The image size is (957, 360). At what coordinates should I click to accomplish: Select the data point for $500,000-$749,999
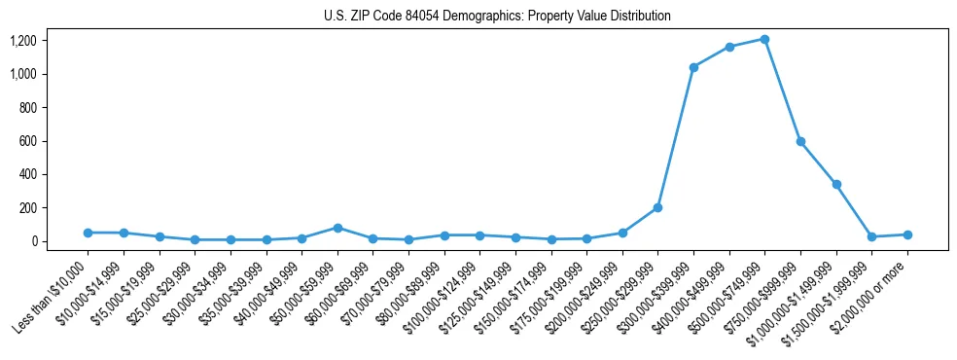764,39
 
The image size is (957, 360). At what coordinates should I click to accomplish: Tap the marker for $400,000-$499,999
729,47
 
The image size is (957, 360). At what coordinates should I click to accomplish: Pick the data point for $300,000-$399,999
693,67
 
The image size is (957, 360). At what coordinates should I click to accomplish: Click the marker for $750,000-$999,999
800,141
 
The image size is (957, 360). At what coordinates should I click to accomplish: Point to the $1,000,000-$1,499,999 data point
836,184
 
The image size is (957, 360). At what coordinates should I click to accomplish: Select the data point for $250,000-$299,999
657,207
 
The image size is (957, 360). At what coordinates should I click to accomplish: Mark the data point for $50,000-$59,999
337,228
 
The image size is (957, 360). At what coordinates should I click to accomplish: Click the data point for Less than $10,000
88,233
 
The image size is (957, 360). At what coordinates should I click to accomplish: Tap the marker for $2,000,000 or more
907,234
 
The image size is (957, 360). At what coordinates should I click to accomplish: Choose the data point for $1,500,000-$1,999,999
871,236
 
